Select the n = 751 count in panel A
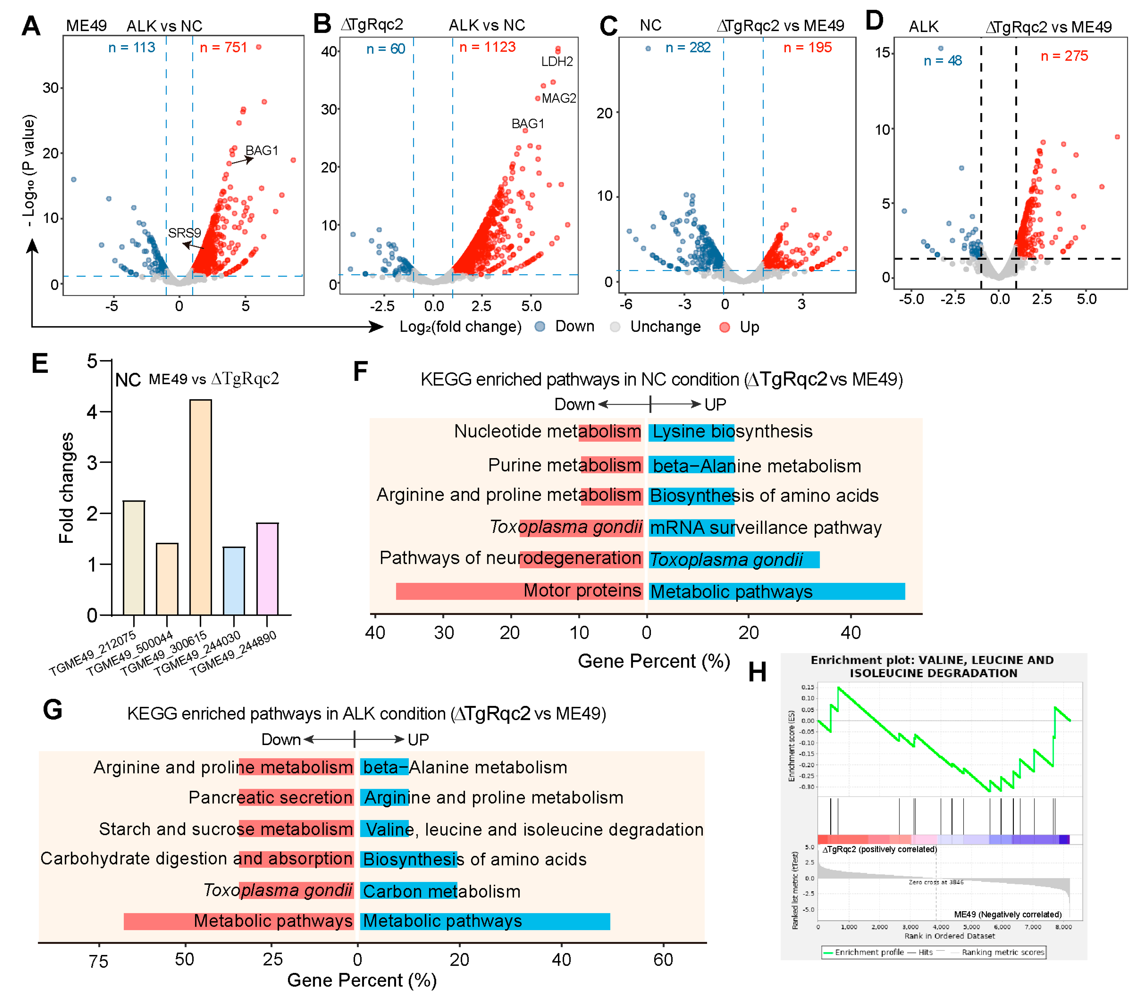[223, 48]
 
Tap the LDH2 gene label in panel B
[557, 61]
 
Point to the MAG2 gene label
[559, 98]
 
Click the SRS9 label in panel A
[184, 233]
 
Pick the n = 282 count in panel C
[688, 48]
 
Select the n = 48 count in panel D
[942, 60]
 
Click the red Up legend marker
[724, 327]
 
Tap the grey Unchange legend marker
[615, 327]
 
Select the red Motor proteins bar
[519, 591]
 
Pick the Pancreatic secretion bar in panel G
[296, 797]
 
